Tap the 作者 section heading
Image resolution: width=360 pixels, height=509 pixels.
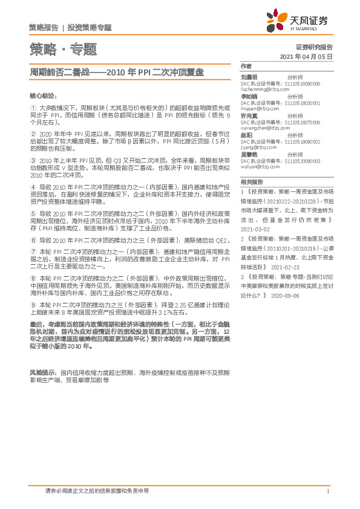pos(246,65)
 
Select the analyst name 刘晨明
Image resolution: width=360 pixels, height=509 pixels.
pos(249,77)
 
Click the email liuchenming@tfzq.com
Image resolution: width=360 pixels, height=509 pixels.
pos(260,89)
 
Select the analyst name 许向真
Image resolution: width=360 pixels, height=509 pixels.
pos(249,114)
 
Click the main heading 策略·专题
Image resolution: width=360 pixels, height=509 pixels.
pos(63,50)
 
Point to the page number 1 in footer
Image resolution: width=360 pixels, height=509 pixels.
pos(327,491)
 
